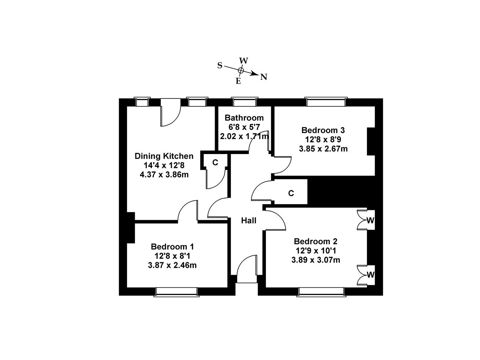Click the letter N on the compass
(x=263, y=77)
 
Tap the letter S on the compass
(x=220, y=65)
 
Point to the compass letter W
(x=244, y=60)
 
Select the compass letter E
(x=238, y=81)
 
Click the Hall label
(x=249, y=221)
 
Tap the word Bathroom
(x=244, y=118)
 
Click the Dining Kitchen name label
(x=164, y=156)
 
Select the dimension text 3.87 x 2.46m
(x=172, y=265)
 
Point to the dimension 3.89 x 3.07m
(x=315, y=260)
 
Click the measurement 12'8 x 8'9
(x=323, y=139)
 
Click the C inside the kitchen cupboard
(x=215, y=163)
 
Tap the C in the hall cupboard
(x=291, y=193)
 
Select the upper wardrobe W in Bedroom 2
(x=370, y=221)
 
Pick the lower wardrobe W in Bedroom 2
(x=370, y=275)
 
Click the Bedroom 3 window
(x=326, y=102)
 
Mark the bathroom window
(x=244, y=102)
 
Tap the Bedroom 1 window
(x=176, y=292)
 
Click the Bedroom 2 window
(x=321, y=292)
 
